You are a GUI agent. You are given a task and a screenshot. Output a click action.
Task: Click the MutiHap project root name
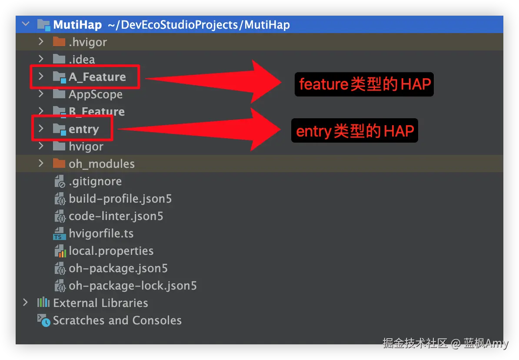[77, 25]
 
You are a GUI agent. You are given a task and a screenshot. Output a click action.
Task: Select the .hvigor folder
[87, 42]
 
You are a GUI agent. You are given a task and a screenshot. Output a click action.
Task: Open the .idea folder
[82, 60]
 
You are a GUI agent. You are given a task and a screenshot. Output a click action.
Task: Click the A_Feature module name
[97, 77]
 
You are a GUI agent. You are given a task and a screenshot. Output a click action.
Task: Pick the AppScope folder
[95, 94]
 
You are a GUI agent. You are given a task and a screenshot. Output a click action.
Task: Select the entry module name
[83, 129]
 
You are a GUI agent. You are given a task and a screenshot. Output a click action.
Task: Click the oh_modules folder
[101, 164]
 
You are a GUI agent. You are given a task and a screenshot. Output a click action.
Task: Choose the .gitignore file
[95, 181]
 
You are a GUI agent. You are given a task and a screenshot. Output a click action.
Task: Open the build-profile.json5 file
[120, 199]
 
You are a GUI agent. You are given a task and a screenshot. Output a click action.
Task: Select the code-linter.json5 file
[116, 216]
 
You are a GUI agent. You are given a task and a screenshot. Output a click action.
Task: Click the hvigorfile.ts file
[101, 233]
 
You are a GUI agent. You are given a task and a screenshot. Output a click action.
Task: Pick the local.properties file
[111, 251]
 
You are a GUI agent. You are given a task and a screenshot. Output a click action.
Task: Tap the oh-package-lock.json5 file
[133, 286]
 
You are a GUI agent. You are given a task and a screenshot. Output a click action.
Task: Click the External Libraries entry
[100, 303]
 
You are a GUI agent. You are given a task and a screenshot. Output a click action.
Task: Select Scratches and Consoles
[117, 320]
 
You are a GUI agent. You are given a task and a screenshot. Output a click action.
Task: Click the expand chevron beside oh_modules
[41, 163]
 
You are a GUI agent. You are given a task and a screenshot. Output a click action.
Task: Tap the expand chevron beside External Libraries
[25, 303]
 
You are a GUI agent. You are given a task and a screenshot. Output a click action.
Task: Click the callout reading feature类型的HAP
[364, 84]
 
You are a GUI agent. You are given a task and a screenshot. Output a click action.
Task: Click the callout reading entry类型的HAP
[355, 130]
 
